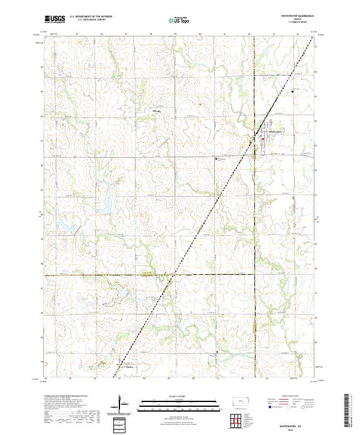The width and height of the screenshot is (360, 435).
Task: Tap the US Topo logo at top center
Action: pyautogui.click(x=178, y=20)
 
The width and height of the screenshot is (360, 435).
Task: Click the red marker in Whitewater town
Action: pyautogui.click(x=262, y=139)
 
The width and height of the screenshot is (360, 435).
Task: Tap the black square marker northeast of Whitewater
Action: pyautogui.click(x=293, y=91)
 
